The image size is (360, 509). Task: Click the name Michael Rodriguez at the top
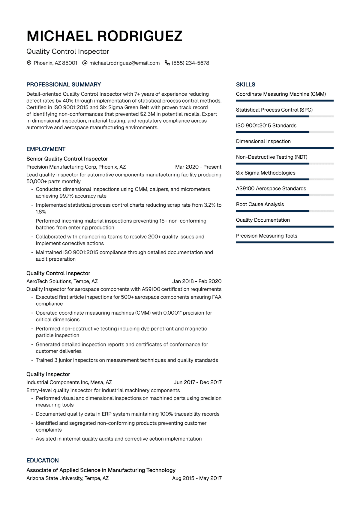[x=104, y=36]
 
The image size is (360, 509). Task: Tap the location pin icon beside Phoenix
[x=29, y=63]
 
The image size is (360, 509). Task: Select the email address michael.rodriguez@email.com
[x=124, y=63]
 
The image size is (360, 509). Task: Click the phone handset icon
[x=167, y=63]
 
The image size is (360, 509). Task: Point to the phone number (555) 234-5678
[x=190, y=63]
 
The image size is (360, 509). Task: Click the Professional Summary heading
[x=64, y=85]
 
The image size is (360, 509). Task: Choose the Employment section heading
[x=46, y=149]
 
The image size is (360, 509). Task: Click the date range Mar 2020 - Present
[x=198, y=167]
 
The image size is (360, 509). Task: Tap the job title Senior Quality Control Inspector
[x=67, y=159]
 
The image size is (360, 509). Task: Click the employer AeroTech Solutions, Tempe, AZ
[x=62, y=281]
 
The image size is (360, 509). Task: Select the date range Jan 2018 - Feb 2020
[x=196, y=281]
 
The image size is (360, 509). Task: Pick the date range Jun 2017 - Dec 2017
[x=197, y=382]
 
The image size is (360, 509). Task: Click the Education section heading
[x=43, y=460]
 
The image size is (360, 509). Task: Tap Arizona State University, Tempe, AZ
[x=67, y=478]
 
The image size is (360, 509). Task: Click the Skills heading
[x=246, y=85]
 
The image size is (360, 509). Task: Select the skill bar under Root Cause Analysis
[x=284, y=211]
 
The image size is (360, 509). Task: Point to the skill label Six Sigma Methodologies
[x=265, y=173]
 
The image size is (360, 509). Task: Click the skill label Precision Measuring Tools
[x=266, y=236]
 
